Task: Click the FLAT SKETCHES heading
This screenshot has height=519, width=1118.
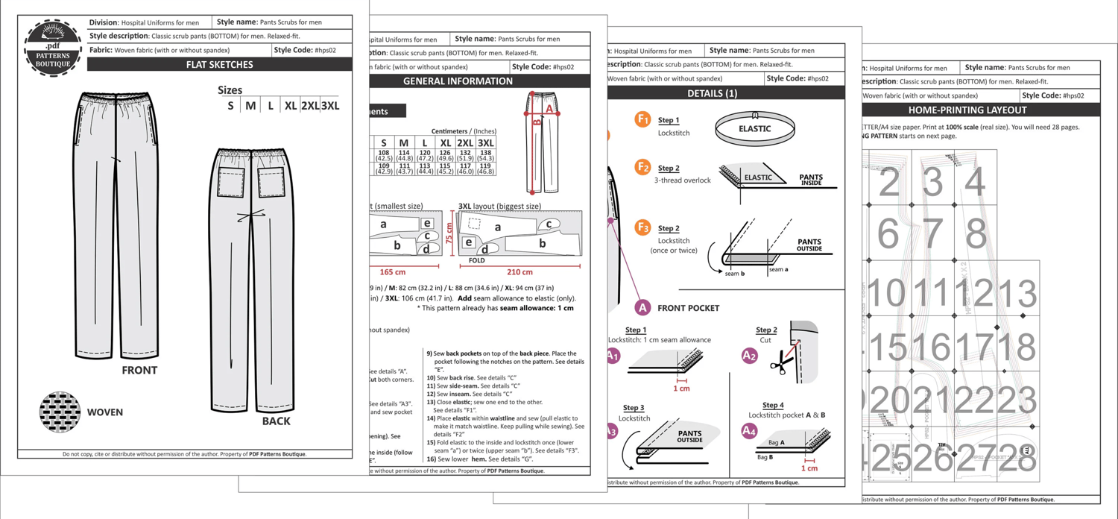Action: click(220, 65)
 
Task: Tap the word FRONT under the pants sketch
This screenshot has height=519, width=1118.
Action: click(139, 370)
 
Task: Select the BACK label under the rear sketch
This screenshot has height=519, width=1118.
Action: click(276, 421)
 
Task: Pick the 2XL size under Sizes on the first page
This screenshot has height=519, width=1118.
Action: click(309, 106)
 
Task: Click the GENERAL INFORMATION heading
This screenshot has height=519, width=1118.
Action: click(458, 81)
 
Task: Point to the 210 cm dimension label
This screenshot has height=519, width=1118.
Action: click(519, 272)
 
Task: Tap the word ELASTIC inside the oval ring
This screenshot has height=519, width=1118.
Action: click(754, 128)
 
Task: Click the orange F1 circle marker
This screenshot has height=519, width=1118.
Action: click(642, 119)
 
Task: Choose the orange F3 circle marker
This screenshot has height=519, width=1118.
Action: click(642, 227)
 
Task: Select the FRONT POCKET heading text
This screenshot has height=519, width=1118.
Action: click(688, 308)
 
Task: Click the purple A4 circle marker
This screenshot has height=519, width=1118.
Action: click(749, 430)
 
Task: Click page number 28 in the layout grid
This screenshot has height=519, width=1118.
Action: click(1017, 460)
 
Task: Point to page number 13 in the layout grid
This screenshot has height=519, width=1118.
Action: click(1017, 294)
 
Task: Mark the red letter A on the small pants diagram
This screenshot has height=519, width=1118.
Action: click(549, 108)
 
